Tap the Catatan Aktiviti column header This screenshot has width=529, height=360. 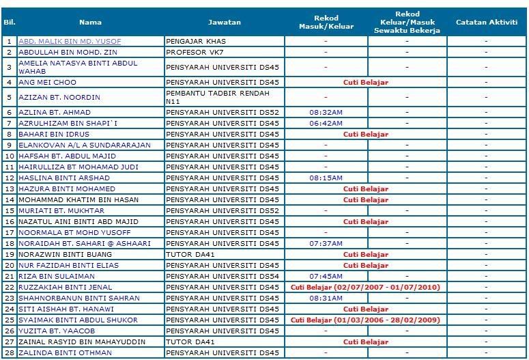tap(486, 23)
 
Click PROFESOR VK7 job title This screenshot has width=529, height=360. tap(195, 53)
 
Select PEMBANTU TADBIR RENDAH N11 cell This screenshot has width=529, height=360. tap(218, 97)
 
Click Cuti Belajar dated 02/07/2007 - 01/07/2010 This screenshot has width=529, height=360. tap(365, 288)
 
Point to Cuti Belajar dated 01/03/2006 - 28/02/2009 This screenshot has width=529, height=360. tap(365, 320)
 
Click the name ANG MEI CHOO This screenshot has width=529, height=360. tap(47, 83)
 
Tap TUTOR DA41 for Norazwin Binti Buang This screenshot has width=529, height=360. tap(190, 255)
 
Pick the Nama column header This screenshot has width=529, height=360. tap(90, 23)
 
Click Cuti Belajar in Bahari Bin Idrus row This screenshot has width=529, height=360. tap(365, 135)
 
